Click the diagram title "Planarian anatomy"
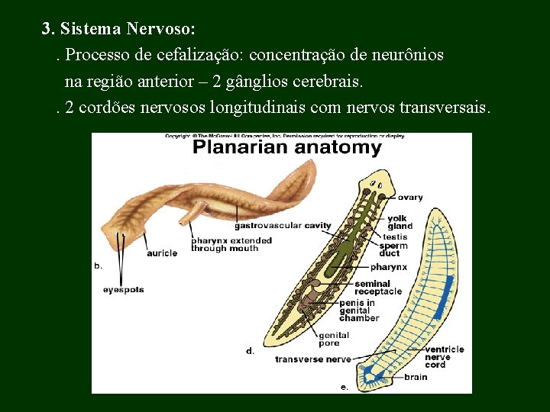click(286, 148)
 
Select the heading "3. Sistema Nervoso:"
click(118, 29)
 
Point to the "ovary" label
click(409, 198)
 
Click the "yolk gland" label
click(400, 222)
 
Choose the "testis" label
click(395, 237)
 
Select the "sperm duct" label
click(393, 249)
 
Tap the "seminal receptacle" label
click(377, 288)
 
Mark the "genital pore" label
click(333, 340)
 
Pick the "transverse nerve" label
click(313, 359)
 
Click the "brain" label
click(416, 377)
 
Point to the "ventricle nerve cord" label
click(444, 357)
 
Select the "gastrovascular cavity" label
click(283, 226)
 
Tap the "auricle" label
click(162, 253)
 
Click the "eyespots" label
click(124, 290)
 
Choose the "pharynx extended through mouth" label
click(231, 244)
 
